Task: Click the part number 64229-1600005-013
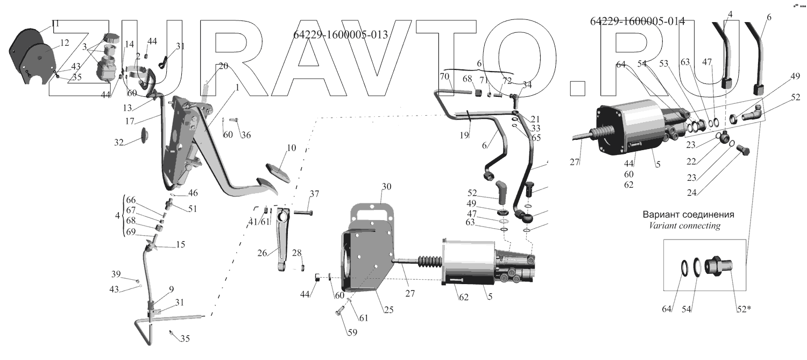pos(341,35)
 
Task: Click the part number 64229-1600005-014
pos(637,22)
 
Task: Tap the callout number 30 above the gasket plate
pos(386,186)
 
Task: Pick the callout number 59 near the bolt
pos(352,333)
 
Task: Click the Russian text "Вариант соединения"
pos(688,214)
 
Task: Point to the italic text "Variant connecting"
pos(685,226)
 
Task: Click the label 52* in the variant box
pos(742,309)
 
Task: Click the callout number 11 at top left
pos(55,24)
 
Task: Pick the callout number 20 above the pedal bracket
pos(223,66)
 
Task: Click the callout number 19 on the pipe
pos(464,136)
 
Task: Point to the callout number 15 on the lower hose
pos(180,244)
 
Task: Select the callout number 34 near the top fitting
pos(527,84)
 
